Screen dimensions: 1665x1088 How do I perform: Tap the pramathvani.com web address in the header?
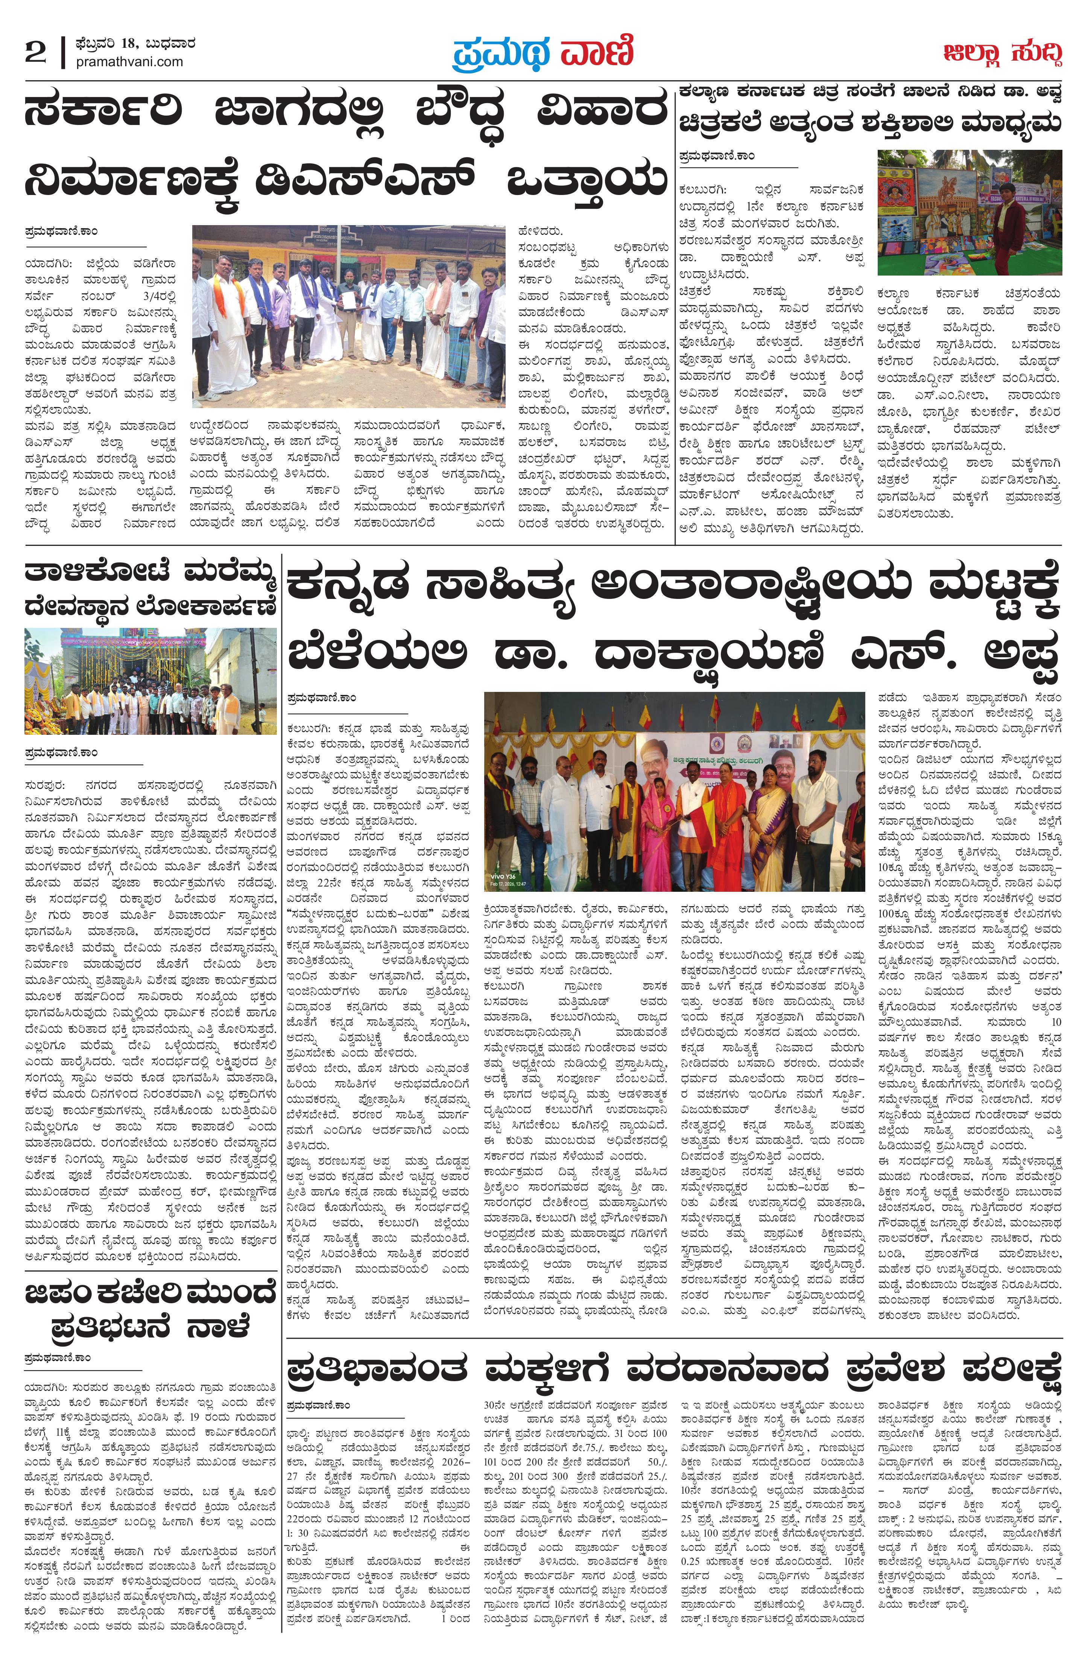click(x=129, y=62)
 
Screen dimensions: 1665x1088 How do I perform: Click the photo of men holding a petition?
click(x=348, y=316)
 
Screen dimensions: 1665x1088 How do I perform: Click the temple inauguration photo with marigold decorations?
click(x=150, y=681)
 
